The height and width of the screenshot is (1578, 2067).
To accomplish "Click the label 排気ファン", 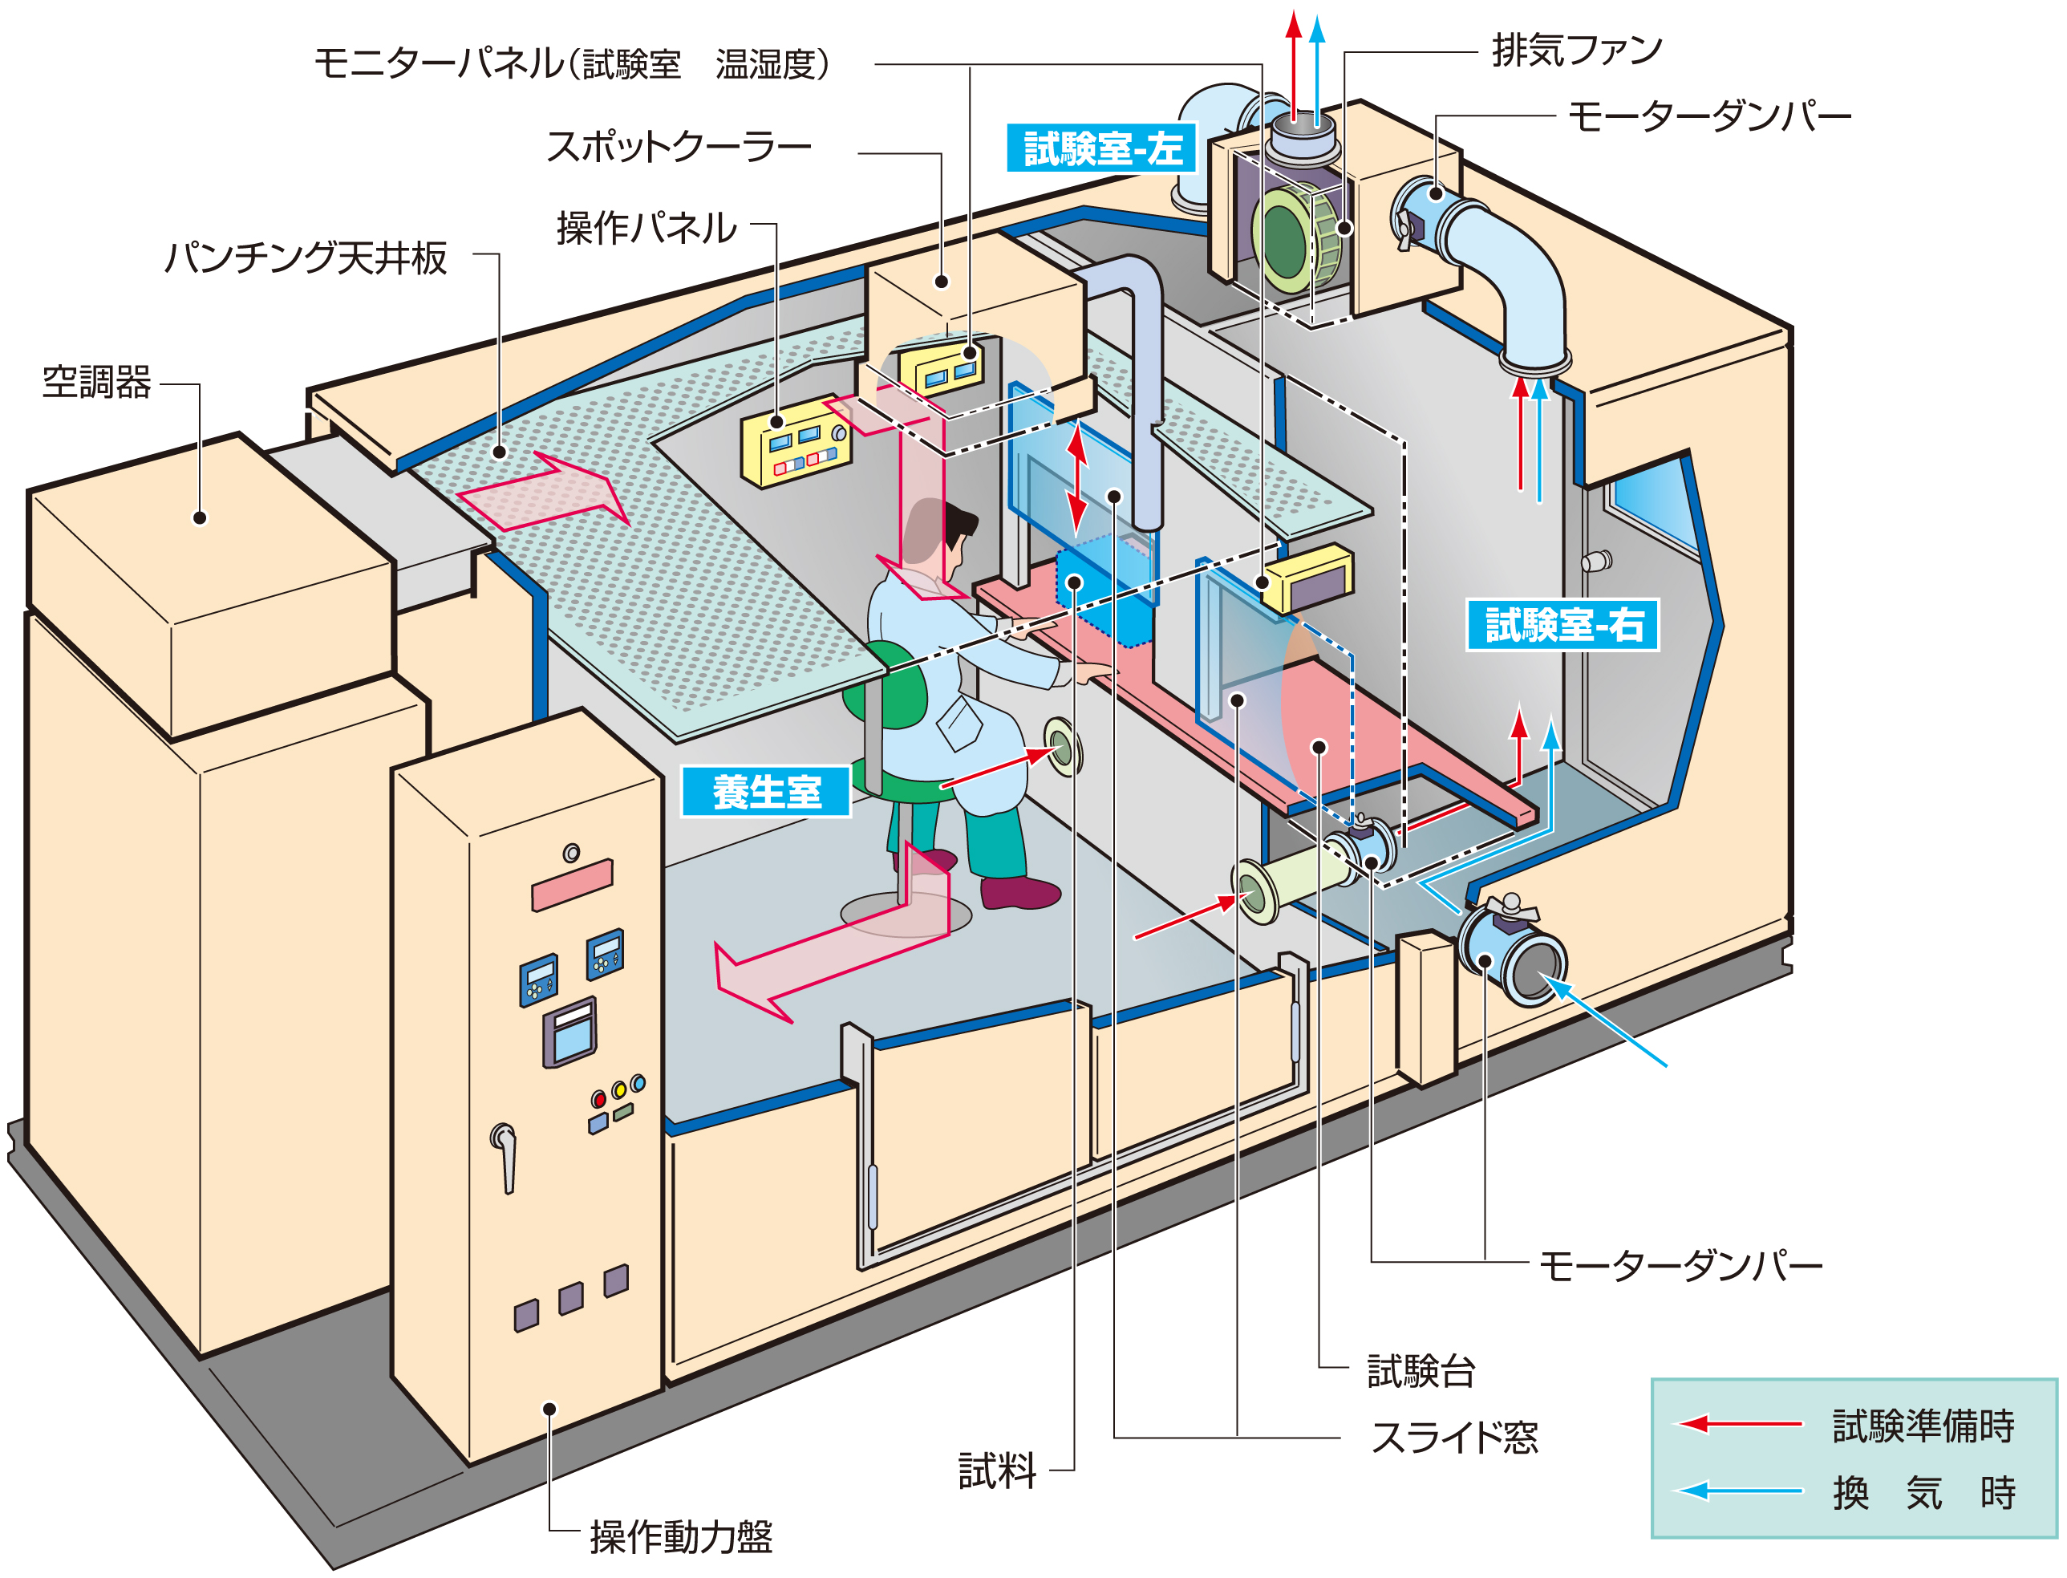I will coord(1576,50).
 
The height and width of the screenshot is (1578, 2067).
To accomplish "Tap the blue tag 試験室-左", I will coord(1100,148).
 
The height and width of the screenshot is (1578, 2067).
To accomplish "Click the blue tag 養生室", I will coord(765,792).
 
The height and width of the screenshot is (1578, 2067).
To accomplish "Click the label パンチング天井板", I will coord(306,258).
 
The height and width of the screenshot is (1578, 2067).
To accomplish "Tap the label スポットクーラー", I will coord(678,148).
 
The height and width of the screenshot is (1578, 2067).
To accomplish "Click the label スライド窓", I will coord(1453,1437).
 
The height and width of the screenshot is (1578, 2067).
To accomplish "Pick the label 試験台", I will coord(1420,1370).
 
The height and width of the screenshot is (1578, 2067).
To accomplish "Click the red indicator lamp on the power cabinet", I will coord(598,1099).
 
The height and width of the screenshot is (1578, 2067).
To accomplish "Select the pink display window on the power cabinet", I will coord(572,885).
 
